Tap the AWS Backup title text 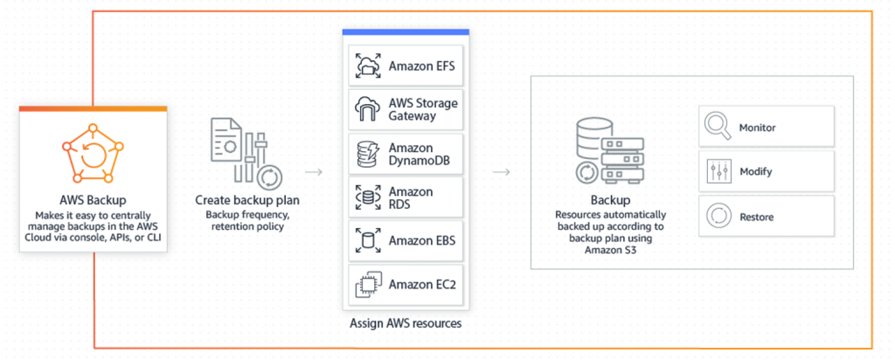pos(93,200)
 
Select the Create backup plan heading pos(247,200)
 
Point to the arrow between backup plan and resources pos(314,172)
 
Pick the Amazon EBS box pos(406,240)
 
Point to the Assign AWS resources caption pos(406,324)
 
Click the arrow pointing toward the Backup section pos(501,172)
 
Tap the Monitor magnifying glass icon pos(718,126)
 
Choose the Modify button pos(766,171)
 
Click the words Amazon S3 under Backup pos(610,249)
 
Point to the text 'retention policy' pos(247,227)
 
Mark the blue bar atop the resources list pos(406,32)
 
